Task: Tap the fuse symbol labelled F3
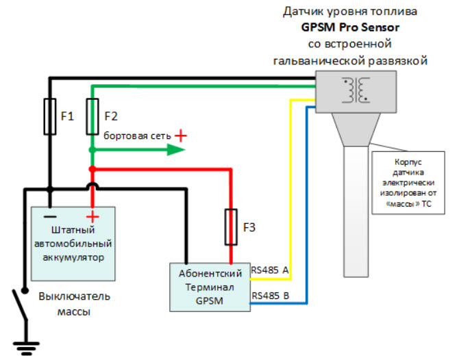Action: pyautogui.click(x=232, y=227)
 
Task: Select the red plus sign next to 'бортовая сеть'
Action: pyautogui.click(x=180, y=136)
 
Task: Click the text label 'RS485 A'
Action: pyautogui.click(x=270, y=271)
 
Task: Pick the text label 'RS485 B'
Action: pyautogui.click(x=270, y=296)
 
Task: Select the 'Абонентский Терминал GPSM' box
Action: pyautogui.click(x=210, y=285)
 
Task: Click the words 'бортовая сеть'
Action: pyautogui.click(x=136, y=136)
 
